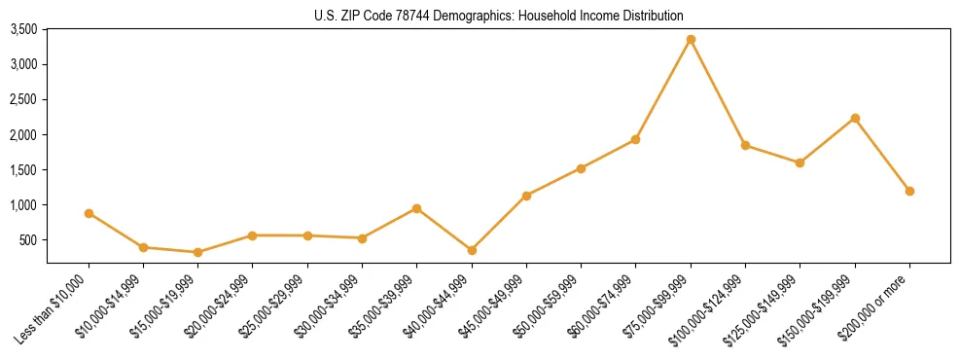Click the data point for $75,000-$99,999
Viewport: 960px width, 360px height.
[691, 40]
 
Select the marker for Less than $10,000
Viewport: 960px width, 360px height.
[89, 213]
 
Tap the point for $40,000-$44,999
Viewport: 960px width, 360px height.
[472, 250]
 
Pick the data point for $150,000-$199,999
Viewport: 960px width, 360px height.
[855, 119]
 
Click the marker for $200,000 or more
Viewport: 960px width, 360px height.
[909, 191]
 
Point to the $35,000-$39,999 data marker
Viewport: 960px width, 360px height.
[416, 208]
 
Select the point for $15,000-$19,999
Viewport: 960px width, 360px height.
[198, 252]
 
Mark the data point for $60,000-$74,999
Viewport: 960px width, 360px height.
[635, 139]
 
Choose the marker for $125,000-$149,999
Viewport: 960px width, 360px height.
[800, 162]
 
